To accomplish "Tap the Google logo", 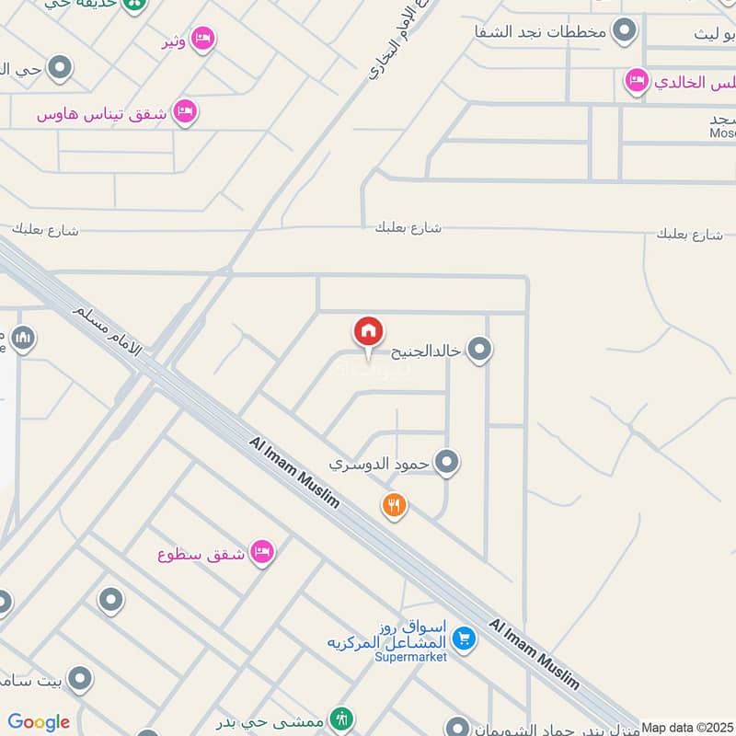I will coord(39,722).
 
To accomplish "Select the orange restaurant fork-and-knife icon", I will coord(395,504).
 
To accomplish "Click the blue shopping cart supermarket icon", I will coord(465,637).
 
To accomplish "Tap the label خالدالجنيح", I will coord(425,351).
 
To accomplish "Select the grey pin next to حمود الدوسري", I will coord(447,462).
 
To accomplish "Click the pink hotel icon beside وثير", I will coord(204,38).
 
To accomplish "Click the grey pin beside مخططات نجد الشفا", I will coord(625,31).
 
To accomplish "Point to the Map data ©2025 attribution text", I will coord(687,727).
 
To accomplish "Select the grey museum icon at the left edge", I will coord(24,338).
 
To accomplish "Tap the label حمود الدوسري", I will coord(380,463).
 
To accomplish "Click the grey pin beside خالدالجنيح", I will coord(478,350).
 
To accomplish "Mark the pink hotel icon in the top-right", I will coord(635,82).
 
